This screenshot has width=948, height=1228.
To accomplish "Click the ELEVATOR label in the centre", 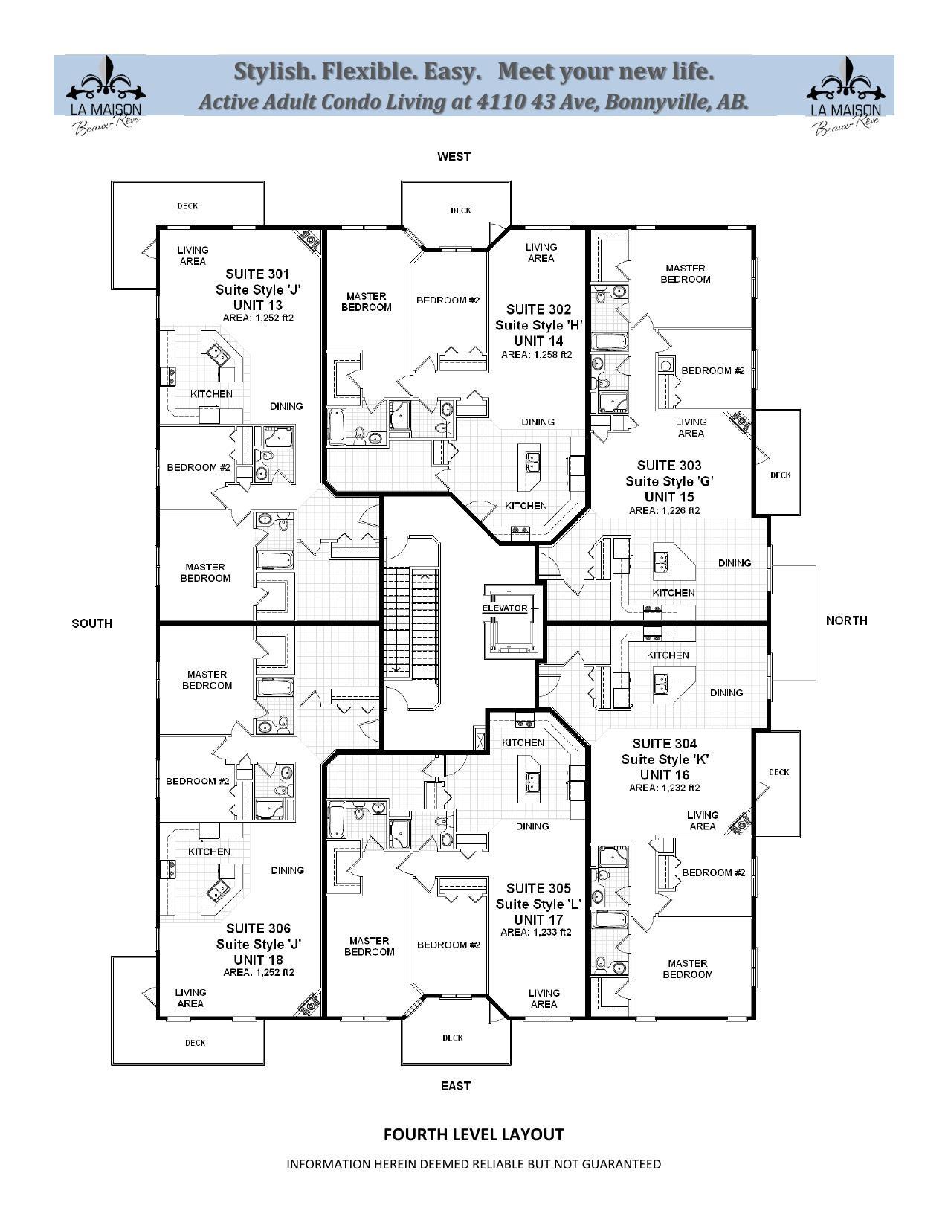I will click(504, 608).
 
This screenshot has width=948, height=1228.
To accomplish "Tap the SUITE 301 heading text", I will click(257, 274).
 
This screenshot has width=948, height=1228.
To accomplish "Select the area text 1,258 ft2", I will click(537, 355).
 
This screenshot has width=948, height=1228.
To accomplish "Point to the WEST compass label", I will click(454, 156).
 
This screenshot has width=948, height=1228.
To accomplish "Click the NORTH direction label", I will click(846, 620).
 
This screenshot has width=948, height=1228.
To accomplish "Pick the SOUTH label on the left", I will click(92, 623).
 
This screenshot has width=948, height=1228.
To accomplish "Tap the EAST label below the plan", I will click(455, 1086).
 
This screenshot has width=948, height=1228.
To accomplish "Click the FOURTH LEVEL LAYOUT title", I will click(473, 1134).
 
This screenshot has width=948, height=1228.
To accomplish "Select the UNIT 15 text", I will click(669, 497).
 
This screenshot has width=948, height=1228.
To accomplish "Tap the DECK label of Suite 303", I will click(780, 475).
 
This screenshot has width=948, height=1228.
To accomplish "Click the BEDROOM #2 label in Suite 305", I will click(448, 945).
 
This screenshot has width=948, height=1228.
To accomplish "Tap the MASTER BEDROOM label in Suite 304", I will click(687, 968).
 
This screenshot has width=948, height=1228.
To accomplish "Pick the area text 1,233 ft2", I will click(536, 932).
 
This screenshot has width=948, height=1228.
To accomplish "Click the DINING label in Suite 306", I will click(287, 870).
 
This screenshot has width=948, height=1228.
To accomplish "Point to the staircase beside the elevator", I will click(411, 622).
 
